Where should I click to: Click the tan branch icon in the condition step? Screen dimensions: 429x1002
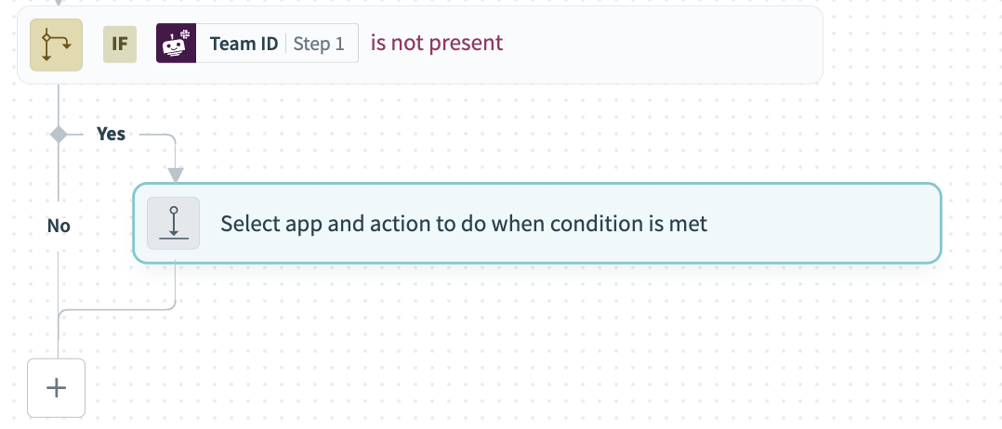(57, 44)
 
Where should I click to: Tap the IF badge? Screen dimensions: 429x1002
(120, 44)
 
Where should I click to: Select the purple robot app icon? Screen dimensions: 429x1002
(176, 44)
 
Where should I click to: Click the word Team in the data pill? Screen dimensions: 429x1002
(230, 44)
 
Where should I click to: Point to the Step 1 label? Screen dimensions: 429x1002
(319, 44)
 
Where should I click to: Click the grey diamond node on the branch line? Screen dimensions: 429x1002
(59, 135)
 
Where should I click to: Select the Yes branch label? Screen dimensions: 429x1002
(111, 135)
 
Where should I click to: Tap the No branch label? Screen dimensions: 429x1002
(59, 226)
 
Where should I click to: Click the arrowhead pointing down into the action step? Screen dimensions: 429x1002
(175, 175)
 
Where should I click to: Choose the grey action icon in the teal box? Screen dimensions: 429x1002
(174, 224)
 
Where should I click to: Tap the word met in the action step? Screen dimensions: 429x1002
(691, 224)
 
